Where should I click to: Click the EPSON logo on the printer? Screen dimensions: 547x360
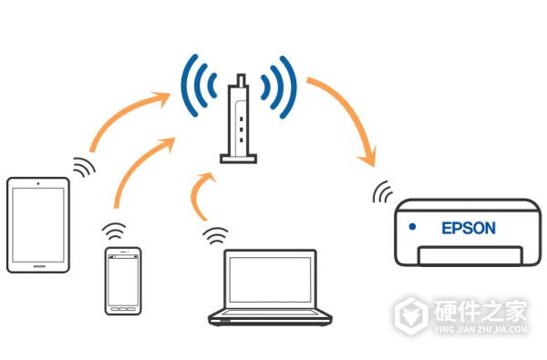click(469, 228)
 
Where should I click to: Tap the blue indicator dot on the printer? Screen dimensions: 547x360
click(412, 227)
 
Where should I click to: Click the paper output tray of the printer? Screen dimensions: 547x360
click(470, 255)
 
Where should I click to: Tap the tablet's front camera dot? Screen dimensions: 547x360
click(38, 183)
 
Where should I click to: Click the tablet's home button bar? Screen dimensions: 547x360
click(39, 266)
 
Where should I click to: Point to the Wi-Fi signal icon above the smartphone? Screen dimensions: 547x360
click(114, 231)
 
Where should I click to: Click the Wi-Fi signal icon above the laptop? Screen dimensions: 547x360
click(215, 235)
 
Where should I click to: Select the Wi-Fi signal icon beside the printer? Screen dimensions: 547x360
click(382, 192)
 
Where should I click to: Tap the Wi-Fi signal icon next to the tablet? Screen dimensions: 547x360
click(83, 167)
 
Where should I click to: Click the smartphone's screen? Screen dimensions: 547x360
click(123, 281)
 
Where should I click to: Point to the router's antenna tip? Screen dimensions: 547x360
click(241, 76)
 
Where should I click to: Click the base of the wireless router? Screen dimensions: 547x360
click(238, 159)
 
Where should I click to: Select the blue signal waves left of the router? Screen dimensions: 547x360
click(199, 86)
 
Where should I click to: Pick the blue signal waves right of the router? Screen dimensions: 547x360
click(278, 87)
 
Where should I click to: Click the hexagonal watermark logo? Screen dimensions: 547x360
click(412, 315)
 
